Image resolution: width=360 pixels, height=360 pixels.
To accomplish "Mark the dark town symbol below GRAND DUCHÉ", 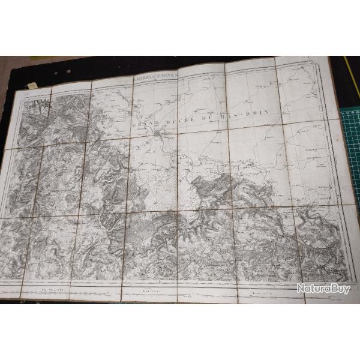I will click(x=158, y=133).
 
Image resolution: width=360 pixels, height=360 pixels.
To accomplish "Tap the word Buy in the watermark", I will click(x=341, y=289).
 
